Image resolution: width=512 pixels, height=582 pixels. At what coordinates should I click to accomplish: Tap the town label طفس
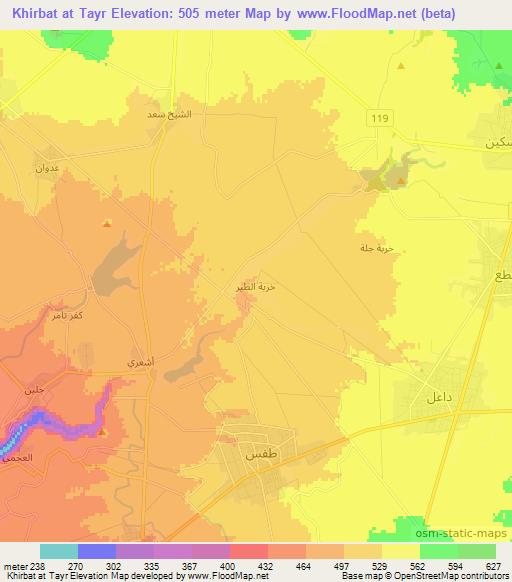(255, 454)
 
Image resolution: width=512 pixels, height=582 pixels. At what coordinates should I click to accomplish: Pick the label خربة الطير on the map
(254, 286)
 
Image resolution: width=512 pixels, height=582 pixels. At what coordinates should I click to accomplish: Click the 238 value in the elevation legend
(39, 564)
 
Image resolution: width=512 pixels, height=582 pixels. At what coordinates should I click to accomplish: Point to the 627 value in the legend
(494, 564)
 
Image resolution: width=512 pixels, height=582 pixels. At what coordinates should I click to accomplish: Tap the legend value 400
(229, 564)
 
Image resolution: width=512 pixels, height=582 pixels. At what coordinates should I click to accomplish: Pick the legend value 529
(381, 564)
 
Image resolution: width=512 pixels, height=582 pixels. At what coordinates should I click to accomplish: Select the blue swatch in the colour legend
(96, 551)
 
